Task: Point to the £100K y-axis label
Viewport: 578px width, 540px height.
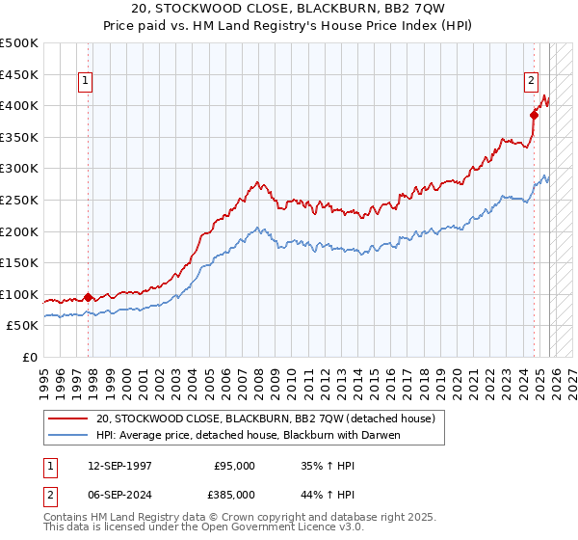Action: pos(19,294)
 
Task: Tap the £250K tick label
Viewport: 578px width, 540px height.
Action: pos(19,200)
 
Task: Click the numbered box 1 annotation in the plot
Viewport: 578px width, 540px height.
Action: pos(87,82)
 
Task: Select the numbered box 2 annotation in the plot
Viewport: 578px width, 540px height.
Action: pos(531,82)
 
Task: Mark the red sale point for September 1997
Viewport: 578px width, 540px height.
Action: pos(88,297)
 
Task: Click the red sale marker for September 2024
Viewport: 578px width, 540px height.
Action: pos(534,115)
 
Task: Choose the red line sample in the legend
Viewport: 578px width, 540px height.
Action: pos(67,419)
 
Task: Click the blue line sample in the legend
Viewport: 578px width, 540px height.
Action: pos(67,435)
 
